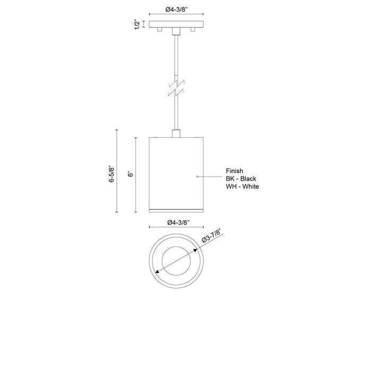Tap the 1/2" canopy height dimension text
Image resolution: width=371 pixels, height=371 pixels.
click(x=137, y=24)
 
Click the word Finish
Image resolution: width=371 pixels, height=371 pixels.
click(x=234, y=171)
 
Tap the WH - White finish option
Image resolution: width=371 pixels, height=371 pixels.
click(x=243, y=187)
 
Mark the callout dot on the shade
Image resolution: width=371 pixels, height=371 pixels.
click(x=197, y=175)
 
